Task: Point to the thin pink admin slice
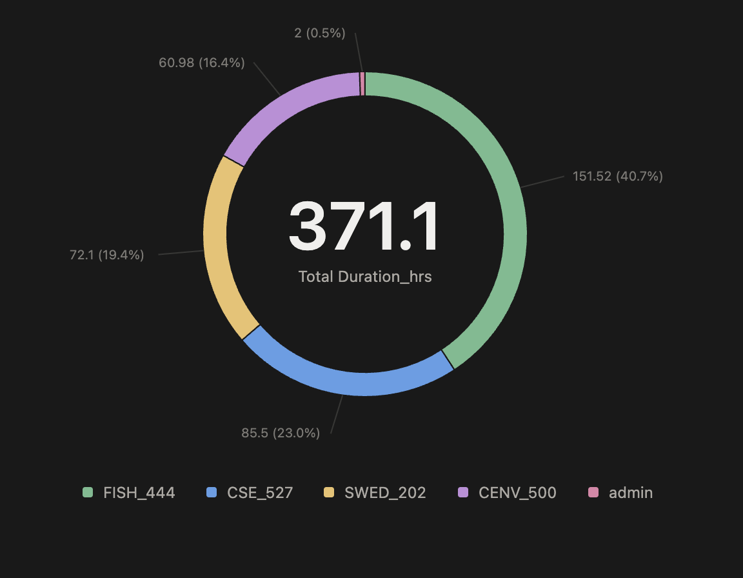tap(363, 84)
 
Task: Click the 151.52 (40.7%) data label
tap(617, 176)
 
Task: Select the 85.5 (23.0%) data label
tap(281, 433)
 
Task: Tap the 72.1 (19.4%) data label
tap(106, 255)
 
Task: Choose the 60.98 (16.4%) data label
tap(202, 63)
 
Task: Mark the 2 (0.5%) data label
tap(320, 33)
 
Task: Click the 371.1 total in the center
tap(364, 228)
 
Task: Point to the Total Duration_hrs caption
tap(365, 277)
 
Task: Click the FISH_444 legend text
tap(139, 493)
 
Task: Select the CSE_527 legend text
tap(260, 493)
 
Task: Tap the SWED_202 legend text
tap(385, 493)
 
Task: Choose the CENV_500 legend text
tap(517, 493)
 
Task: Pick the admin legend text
tap(631, 493)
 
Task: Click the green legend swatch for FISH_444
tap(88, 493)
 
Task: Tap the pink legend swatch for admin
tap(593, 493)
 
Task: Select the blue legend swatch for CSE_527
tap(212, 493)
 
